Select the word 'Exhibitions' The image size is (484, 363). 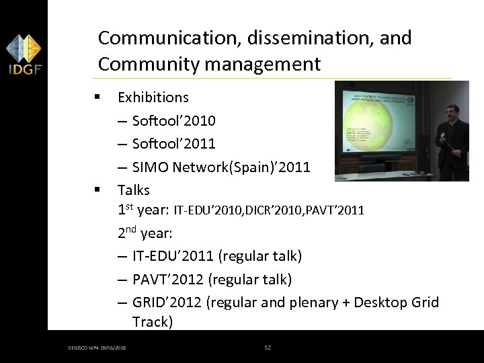point(153,97)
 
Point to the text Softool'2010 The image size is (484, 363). point(174,121)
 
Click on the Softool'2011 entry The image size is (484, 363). point(174,144)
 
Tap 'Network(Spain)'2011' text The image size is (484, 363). point(243,167)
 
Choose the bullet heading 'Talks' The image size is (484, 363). point(134,190)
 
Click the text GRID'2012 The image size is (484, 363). point(167,302)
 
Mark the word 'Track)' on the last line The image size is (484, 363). point(153,322)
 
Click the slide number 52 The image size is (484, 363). point(267,348)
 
